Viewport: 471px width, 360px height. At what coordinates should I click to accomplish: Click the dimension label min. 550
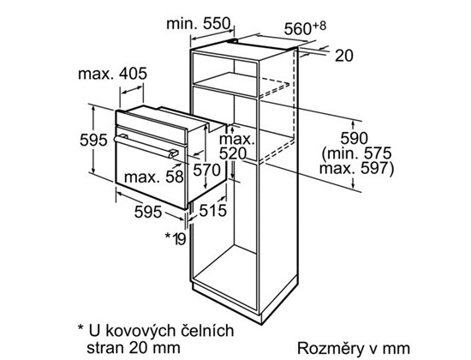(x=199, y=24)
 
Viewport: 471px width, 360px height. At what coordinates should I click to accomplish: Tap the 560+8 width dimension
(x=305, y=28)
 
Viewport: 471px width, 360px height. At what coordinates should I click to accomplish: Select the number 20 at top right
(x=344, y=56)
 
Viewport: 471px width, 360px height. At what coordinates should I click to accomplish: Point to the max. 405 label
(x=113, y=74)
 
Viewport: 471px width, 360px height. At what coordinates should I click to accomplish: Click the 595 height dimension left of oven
(x=93, y=141)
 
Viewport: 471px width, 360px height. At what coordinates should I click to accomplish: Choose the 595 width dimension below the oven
(x=148, y=212)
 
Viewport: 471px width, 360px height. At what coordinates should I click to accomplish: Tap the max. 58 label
(x=153, y=177)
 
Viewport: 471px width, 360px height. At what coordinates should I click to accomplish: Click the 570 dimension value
(x=206, y=171)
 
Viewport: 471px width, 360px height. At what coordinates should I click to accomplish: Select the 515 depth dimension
(x=212, y=210)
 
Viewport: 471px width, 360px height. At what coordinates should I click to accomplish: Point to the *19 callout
(x=176, y=239)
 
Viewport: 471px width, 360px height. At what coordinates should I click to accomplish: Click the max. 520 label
(x=236, y=147)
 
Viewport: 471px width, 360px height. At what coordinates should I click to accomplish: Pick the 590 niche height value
(x=354, y=138)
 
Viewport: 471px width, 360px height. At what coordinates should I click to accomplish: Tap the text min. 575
(x=357, y=153)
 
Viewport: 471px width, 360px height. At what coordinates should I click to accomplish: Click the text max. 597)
(x=356, y=168)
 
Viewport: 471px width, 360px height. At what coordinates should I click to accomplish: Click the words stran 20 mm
(x=134, y=348)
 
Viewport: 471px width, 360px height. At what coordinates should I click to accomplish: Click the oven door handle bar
(x=146, y=147)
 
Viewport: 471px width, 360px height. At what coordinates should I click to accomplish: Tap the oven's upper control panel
(x=152, y=127)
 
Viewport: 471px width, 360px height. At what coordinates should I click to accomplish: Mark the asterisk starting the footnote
(x=80, y=327)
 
